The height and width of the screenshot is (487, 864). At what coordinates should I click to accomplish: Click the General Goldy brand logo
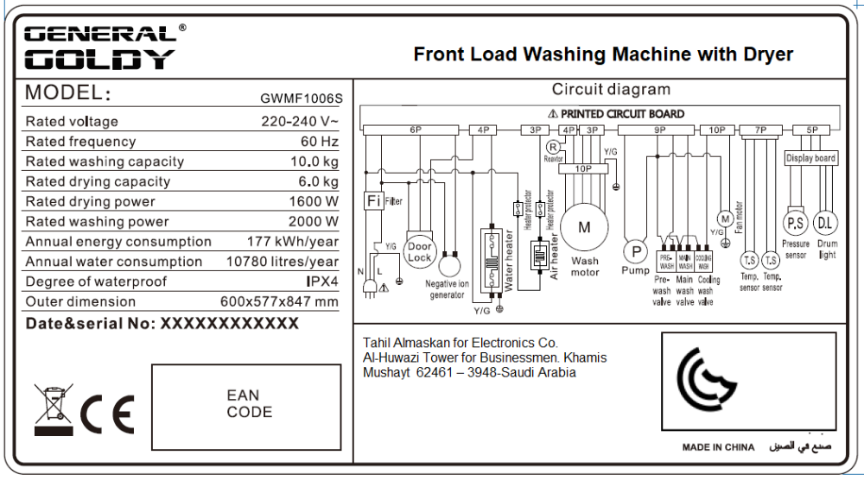(102, 47)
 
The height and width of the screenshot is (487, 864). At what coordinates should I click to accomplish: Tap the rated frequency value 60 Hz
(320, 142)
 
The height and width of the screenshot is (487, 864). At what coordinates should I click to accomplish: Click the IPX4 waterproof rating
(322, 281)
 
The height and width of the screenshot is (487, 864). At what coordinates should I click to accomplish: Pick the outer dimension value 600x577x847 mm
(279, 301)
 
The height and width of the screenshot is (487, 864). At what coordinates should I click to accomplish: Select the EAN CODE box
(249, 403)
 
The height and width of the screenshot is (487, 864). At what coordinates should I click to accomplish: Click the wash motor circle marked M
(584, 228)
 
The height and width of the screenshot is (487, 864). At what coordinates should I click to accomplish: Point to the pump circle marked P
(636, 251)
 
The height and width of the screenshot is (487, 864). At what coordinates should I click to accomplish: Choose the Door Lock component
(419, 252)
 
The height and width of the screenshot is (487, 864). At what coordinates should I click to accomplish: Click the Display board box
(810, 158)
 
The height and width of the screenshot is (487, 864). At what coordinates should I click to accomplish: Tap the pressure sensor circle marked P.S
(795, 224)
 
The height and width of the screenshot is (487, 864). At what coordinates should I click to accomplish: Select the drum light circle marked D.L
(826, 224)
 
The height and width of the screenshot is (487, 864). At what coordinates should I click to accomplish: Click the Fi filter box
(373, 201)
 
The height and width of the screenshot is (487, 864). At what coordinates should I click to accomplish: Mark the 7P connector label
(760, 130)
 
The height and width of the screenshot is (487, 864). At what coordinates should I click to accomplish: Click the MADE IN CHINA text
(718, 447)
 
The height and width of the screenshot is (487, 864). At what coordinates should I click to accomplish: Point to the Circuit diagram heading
(611, 90)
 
